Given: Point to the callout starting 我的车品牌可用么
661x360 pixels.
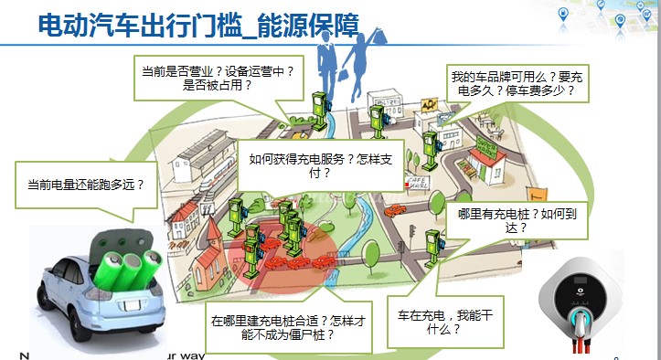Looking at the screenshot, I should point(517,84).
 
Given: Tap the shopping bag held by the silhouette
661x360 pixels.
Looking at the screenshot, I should point(375,47).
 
